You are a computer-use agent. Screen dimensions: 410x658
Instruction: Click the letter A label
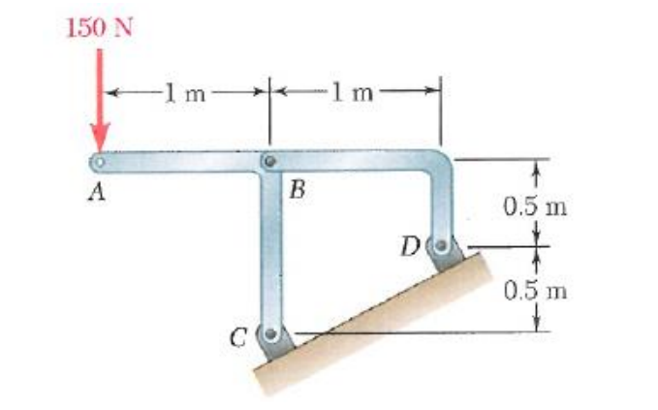pyautogui.click(x=95, y=192)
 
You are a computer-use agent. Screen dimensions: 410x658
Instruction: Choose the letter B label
pyautogui.click(x=298, y=192)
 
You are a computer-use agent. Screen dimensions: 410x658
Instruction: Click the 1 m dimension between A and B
pyautogui.click(x=183, y=94)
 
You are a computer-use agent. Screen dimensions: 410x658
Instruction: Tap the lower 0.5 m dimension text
pyautogui.click(x=531, y=289)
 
